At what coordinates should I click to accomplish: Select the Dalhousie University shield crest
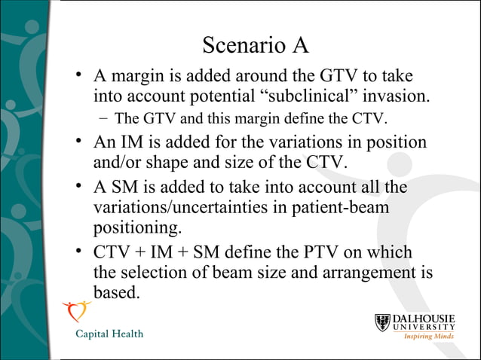(x=384, y=324)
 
